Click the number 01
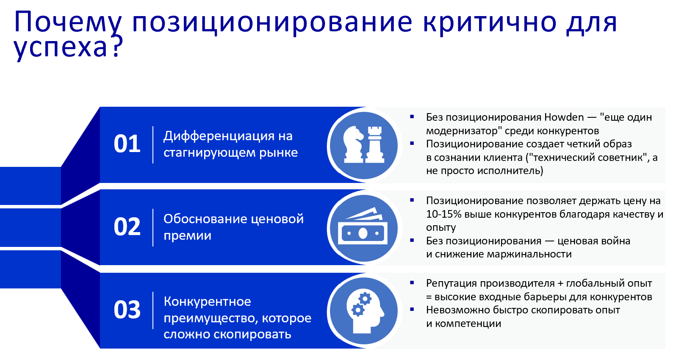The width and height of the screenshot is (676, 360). pyautogui.click(x=127, y=144)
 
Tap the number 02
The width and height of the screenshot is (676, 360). pyautogui.click(x=127, y=227)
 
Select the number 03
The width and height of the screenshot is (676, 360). pyautogui.click(x=127, y=310)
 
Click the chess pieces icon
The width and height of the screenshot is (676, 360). pyautogui.click(x=364, y=144)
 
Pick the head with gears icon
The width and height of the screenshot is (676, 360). pyautogui.click(x=365, y=312)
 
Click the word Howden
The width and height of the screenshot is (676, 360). pyautogui.click(x=564, y=117)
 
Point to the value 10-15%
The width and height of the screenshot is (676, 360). pyautogui.click(x=444, y=214)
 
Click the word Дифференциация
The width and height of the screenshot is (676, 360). pyautogui.click(x=219, y=136)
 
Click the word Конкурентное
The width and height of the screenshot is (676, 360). pyautogui.click(x=207, y=302)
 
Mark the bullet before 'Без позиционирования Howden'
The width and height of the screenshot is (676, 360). pyautogui.click(x=412, y=116)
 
